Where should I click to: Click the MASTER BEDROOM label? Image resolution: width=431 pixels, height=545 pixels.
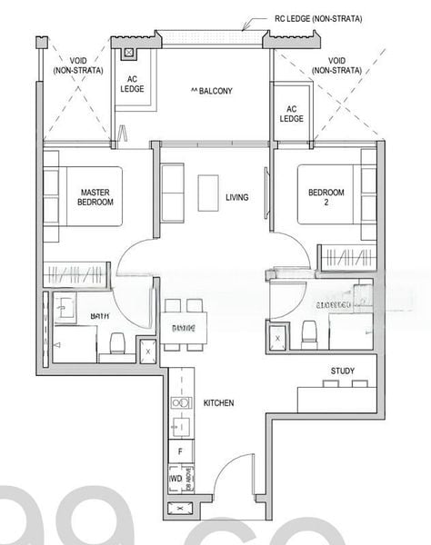(95, 197)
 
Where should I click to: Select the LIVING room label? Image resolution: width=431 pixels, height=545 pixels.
(237, 197)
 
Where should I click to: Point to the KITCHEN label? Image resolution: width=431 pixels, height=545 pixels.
(219, 402)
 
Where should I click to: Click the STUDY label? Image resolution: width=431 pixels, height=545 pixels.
(343, 371)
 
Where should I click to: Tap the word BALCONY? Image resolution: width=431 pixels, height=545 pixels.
(212, 91)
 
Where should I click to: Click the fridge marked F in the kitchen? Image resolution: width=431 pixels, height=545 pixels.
(180, 451)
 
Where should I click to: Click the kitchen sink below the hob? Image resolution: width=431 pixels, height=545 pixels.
(180, 423)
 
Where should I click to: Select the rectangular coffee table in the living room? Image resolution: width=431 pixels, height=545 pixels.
(206, 192)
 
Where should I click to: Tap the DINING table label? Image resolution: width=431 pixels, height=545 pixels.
(183, 327)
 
